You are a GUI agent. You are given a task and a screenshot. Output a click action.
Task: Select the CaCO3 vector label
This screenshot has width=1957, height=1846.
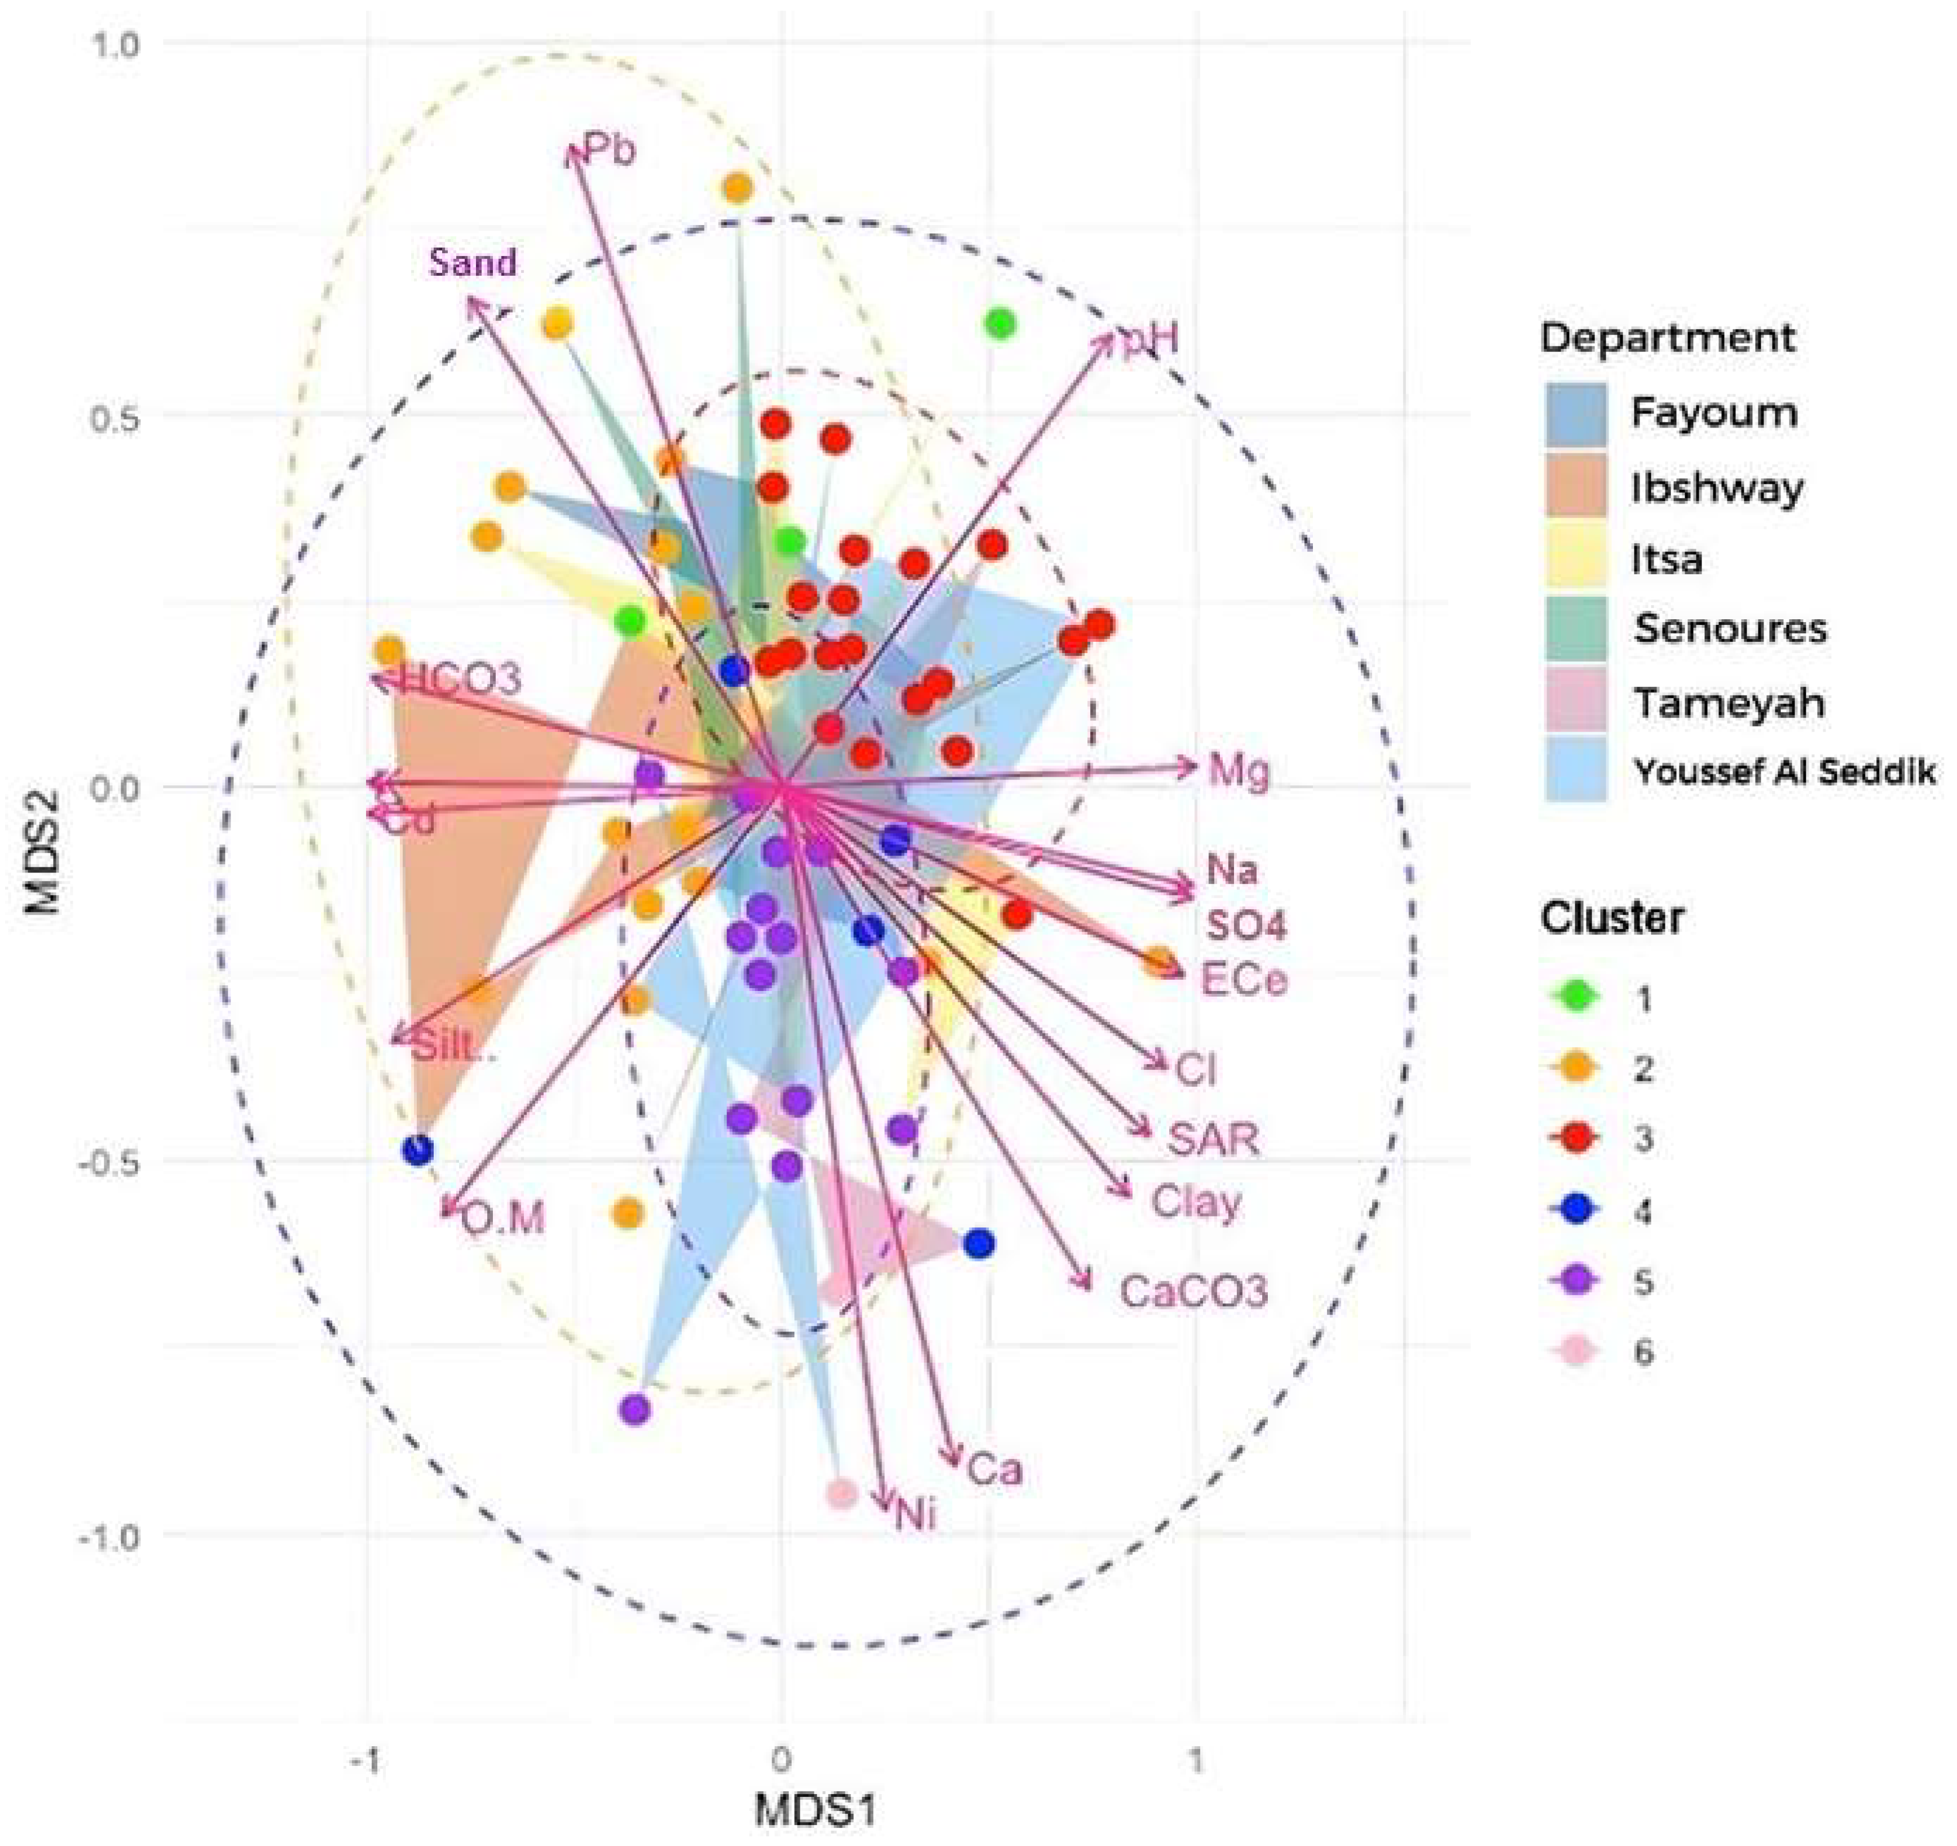pyautogui.click(x=1193, y=1290)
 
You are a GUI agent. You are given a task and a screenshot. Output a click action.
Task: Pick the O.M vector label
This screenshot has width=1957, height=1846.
pyautogui.click(x=502, y=1220)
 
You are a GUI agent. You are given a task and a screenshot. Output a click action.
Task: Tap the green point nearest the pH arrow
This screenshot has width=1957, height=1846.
pyautogui.click(x=1000, y=324)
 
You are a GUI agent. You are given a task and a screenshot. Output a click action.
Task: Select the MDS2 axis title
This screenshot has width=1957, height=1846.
pyautogui.click(x=41, y=837)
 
